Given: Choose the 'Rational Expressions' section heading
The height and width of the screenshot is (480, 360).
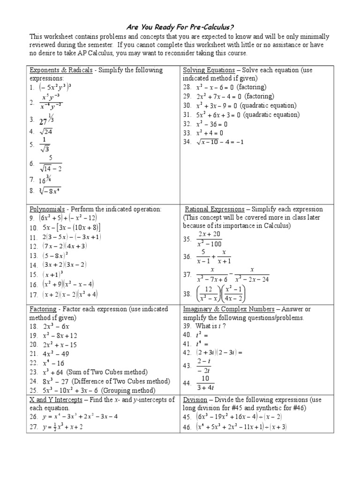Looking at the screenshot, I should tap(215, 209).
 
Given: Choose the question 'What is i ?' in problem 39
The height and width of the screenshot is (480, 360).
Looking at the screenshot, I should tap(210, 326).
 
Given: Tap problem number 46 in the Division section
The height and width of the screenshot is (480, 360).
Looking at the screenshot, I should tap(187, 427).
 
